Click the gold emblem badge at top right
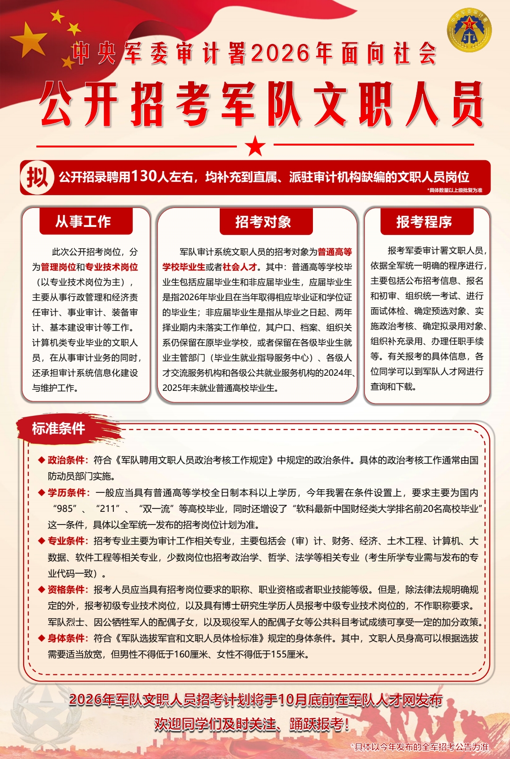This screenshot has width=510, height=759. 469,30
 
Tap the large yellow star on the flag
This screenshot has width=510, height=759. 30,39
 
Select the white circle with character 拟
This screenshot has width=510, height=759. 37,178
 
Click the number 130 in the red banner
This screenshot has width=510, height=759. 144,176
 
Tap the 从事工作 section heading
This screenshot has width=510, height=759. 83,222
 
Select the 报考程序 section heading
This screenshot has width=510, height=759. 424,222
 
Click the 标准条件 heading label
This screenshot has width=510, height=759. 59,429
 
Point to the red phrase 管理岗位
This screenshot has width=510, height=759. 58,267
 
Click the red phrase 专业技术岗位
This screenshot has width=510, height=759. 112,267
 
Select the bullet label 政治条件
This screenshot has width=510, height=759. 66,460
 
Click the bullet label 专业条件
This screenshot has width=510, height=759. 66,541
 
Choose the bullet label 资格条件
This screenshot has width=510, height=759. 66,589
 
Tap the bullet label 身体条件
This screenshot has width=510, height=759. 66,638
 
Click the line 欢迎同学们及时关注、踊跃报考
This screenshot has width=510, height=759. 251,724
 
